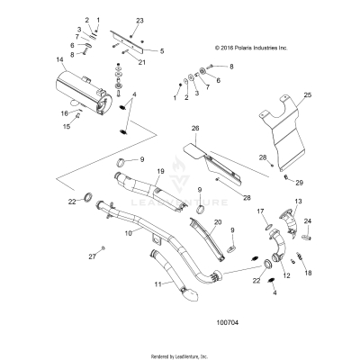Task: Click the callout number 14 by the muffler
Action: pos(59,60)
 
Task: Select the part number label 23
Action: pos(139,20)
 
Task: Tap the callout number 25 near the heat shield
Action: pos(307,95)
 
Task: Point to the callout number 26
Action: pos(195,130)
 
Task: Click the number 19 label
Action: pos(161,171)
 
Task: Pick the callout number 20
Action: pos(217,222)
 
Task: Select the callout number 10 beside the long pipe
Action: pos(128,233)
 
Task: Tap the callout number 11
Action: pos(133,284)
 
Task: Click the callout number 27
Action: pos(90,256)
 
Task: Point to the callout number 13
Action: pos(299,202)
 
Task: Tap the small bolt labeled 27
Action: pos(103,247)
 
